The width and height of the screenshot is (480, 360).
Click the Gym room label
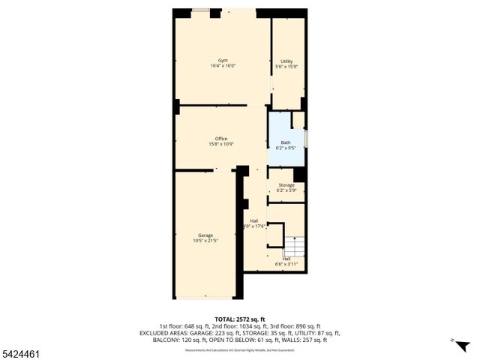pyautogui.click(x=223, y=60)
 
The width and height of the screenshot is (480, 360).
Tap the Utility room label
pyautogui.click(x=286, y=61)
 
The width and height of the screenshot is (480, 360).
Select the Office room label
pyautogui.click(x=221, y=138)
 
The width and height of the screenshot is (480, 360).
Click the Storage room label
pyautogui.click(x=286, y=185)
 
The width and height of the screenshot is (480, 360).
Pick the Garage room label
pyautogui.click(x=205, y=235)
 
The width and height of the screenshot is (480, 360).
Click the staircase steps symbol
pyautogui.click(x=294, y=245)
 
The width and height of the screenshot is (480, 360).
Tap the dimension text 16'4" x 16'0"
pyautogui.click(x=223, y=66)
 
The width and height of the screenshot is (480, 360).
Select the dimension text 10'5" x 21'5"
pyautogui.click(x=205, y=241)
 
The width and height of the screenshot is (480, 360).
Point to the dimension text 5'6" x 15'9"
pyautogui.click(x=286, y=67)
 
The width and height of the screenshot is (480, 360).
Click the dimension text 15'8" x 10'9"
pyautogui.click(x=221, y=144)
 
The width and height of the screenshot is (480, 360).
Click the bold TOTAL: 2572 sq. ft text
pyautogui.click(x=240, y=319)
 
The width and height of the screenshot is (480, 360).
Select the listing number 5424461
pyautogui.click(x=21, y=353)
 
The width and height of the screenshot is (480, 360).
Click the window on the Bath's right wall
pyautogui.click(x=306, y=139)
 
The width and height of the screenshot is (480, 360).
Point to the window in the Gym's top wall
pyautogui.click(x=200, y=10)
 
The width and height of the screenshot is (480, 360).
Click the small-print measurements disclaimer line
pyautogui.click(x=240, y=348)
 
